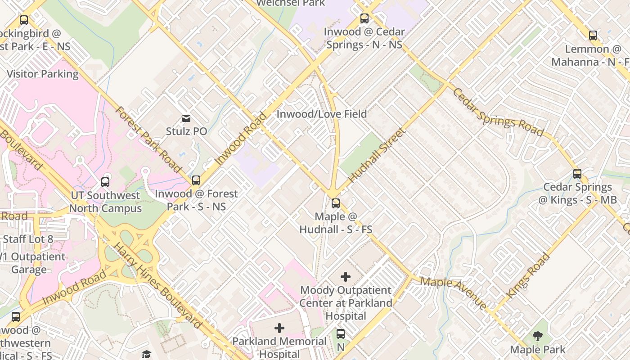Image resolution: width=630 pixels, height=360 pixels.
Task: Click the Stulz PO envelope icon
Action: click(186, 118)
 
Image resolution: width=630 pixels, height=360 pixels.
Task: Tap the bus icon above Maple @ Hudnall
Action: click(336, 203)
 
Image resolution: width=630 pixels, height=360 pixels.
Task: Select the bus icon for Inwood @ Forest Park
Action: click(196, 180)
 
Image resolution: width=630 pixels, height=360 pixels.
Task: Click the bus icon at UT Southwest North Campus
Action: click(105, 182)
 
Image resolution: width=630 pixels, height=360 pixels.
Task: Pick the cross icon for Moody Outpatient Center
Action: click(346, 277)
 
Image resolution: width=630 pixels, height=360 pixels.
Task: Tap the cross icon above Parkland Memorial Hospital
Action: click(279, 328)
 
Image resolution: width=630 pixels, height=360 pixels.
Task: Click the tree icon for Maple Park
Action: click(537, 336)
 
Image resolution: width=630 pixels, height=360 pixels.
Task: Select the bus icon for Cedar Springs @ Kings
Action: click(577, 174)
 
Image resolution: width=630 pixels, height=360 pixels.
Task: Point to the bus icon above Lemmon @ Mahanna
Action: click(593, 36)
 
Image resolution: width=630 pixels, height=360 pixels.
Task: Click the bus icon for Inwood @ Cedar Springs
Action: click(364, 19)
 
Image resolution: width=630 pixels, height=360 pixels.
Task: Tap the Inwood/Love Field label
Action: click(322, 114)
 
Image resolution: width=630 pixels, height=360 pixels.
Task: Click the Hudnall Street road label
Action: click(377, 155)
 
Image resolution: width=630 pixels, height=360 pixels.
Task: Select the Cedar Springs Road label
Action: click(498, 112)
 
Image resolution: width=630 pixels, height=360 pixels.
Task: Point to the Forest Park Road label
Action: click(148, 139)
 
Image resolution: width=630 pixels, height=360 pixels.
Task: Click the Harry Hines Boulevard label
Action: click(157, 285)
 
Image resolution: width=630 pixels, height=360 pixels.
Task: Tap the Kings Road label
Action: click(528, 276)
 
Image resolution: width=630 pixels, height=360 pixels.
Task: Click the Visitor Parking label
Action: click(43, 74)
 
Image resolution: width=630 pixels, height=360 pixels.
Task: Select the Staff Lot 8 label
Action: click(28, 239)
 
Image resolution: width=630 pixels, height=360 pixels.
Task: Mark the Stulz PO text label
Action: click(186, 131)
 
